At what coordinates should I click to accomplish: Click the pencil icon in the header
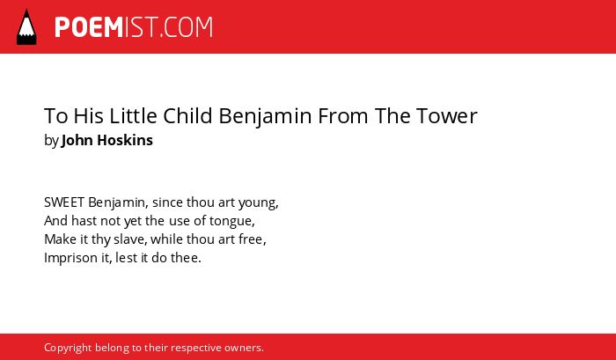(x=26, y=27)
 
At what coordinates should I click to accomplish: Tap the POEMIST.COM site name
(x=134, y=27)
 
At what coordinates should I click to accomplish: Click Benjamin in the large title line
(x=265, y=116)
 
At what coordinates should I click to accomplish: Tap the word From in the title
(x=343, y=116)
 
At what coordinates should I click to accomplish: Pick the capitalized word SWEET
(x=64, y=202)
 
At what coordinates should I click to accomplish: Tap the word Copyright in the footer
(x=68, y=349)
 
